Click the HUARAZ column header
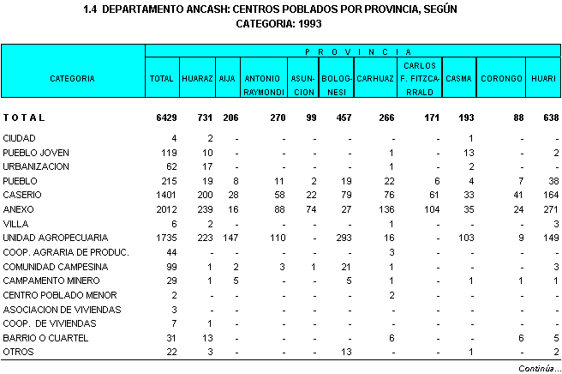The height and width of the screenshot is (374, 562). click(x=197, y=78)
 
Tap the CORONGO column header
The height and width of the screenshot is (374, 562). click(x=502, y=78)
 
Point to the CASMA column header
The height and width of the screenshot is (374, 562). click(x=460, y=78)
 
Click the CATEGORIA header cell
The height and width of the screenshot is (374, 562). click(x=72, y=78)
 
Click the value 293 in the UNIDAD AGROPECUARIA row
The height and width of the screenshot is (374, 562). click(x=339, y=237)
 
